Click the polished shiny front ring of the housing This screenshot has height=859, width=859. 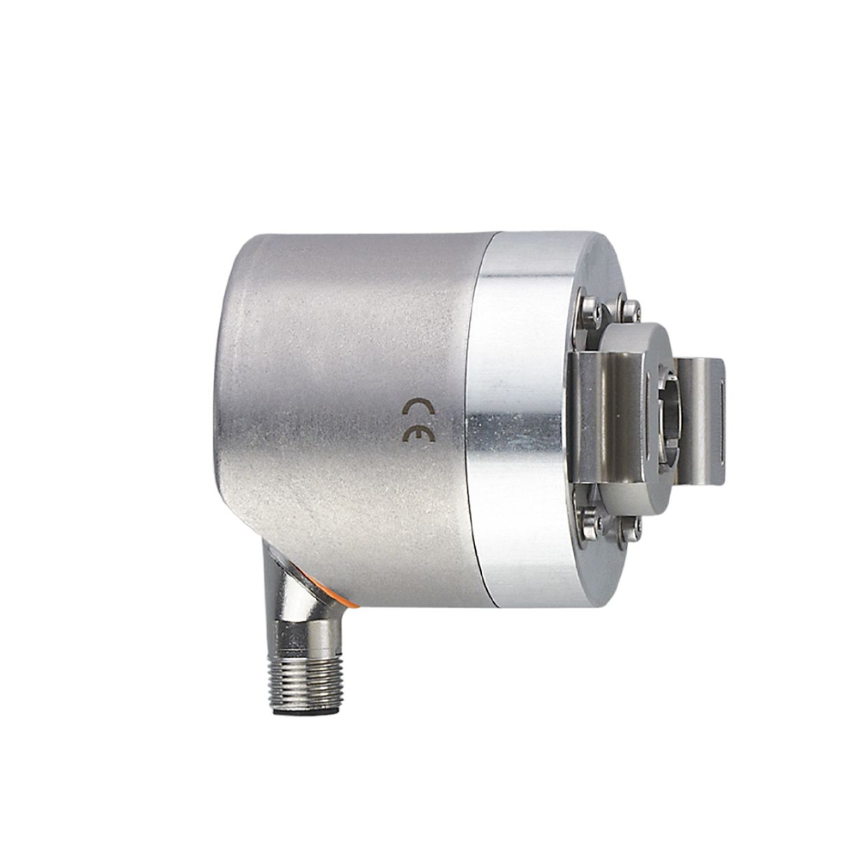[515, 421]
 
